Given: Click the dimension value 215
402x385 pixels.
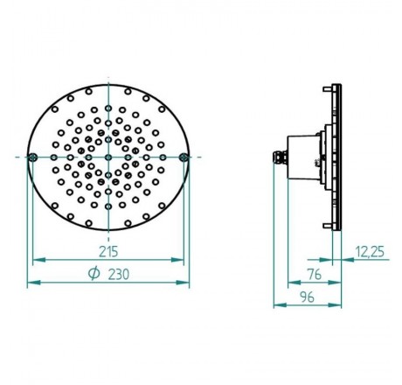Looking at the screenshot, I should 108,250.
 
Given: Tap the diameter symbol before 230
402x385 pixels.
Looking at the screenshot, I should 93,273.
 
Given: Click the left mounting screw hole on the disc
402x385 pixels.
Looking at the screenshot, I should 33,157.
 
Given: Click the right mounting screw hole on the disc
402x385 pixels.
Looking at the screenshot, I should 184,157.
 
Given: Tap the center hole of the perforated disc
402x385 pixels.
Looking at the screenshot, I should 108,157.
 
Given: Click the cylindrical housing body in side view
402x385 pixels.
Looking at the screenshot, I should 306,158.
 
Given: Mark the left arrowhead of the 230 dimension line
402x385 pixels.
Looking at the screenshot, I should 31,283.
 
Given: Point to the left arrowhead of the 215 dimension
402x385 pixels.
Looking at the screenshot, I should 36,260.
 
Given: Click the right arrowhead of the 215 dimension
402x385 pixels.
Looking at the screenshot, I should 181,260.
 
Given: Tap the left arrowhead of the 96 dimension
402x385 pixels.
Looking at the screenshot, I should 277,305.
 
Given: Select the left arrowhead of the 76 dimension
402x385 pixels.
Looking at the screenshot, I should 291,283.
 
